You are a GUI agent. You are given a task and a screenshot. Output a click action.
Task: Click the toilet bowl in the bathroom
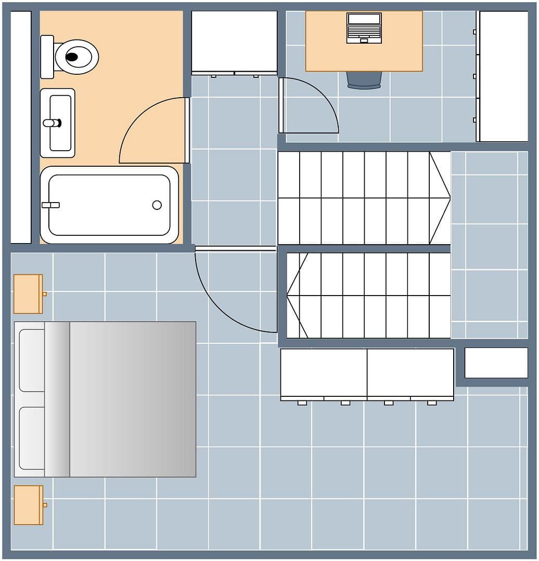(76, 57)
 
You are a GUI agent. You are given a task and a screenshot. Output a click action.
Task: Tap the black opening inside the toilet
(72, 57)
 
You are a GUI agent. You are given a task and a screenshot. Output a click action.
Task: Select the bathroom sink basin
(60, 123)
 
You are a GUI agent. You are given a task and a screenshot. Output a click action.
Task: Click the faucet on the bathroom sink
(52, 123)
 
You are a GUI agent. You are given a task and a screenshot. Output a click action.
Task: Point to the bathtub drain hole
(157, 205)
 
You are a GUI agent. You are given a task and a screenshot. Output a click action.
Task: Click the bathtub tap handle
(50, 205)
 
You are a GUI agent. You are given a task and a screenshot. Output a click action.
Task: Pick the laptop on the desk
(364, 28)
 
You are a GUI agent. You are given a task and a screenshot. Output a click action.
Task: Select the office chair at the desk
(364, 79)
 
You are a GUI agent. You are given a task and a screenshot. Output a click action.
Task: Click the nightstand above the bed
(28, 294)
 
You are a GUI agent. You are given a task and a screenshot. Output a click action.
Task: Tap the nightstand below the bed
(28, 505)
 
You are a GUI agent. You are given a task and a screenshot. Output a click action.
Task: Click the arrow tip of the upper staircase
(450, 198)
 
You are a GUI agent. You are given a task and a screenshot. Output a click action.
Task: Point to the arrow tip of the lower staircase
(288, 295)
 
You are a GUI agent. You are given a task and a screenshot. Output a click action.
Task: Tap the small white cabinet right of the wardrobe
(496, 363)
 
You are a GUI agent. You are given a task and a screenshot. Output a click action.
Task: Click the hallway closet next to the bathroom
(234, 42)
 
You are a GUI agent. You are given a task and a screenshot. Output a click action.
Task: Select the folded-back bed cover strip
(57, 399)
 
